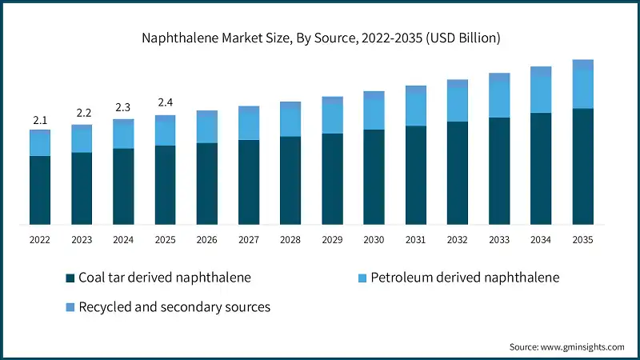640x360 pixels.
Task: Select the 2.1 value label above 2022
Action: pyautogui.click(x=40, y=120)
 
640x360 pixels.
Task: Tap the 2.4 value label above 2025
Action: pyautogui.click(x=165, y=102)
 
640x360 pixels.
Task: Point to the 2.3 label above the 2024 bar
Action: pyautogui.click(x=123, y=106)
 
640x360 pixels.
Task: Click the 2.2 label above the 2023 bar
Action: pyautogui.click(x=82, y=113)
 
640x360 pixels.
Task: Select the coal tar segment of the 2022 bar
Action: pyautogui.click(x=40, y=190)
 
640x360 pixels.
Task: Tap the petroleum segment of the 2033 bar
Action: pyautogui.click(x=499, y=99)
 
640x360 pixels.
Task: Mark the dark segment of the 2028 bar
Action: pyautogui.click(x=290, y=180)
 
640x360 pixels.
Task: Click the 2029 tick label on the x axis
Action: pyautogui.click(x=332, y=239)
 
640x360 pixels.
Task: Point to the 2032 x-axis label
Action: pyautogui.click(x=457, y=239)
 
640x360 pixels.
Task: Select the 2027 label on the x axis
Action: pyautogui.click(x=249, y=239)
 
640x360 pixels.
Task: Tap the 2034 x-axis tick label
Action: pyautogui.click(x=541, y=239)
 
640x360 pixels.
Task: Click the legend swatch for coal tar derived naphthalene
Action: pyautogui.click(x=70, y=278)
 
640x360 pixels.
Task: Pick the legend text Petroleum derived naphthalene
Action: pyautogui.click(x=464, y=278)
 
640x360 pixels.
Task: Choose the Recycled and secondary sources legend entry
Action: pyautogui.click(x=174, y=306)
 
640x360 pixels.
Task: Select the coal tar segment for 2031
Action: pyautogui.click(x=415, y=175)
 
